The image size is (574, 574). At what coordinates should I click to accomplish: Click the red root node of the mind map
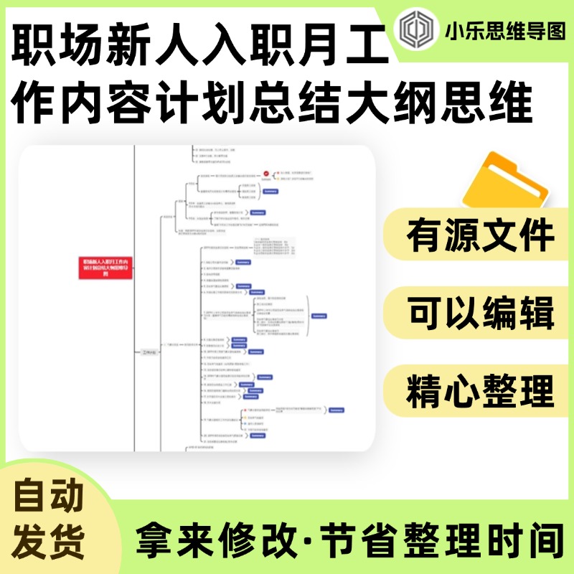[105, 266]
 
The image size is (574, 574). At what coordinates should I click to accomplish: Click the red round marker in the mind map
[266, 174]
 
